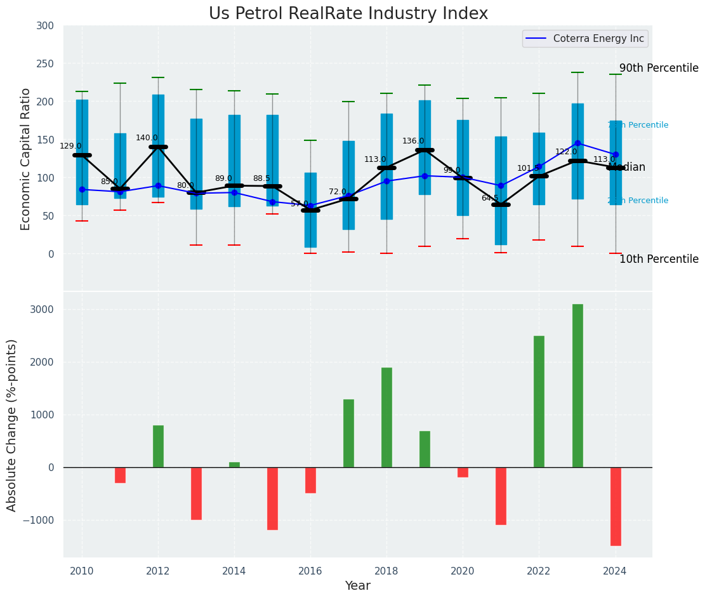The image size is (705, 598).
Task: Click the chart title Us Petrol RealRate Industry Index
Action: [x=348, y=14]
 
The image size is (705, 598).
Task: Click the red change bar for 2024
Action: [x=616, y=506]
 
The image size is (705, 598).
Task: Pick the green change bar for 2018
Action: [x=386, y=417]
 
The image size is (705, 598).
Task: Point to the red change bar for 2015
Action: [x=272, y=498]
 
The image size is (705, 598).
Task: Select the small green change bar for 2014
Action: [x=234, y=465]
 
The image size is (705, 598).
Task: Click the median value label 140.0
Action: [x=147, y=138]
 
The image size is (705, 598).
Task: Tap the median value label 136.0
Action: [x=413, y=141]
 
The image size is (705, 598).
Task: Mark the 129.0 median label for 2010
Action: [x=70, y=146]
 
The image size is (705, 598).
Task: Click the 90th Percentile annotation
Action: [x=659, y=69]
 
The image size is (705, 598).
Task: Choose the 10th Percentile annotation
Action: [x=659, y=259]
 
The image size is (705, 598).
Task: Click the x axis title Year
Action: [x=357, y=586]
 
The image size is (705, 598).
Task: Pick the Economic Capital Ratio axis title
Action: [x=25, y=159]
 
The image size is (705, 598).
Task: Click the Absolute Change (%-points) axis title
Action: [x=12, y=425]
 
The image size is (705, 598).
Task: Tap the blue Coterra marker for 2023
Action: [x=577, y=143]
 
